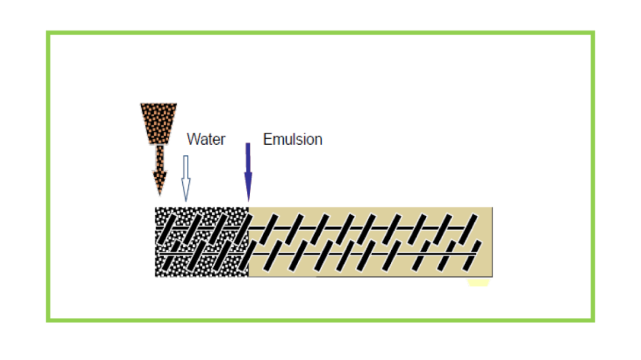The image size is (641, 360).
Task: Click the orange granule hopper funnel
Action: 158,123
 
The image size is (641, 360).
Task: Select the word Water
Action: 206,139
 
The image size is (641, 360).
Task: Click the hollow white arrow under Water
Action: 186,179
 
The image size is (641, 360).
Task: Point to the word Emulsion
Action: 293,139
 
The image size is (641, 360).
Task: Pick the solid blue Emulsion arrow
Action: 248,172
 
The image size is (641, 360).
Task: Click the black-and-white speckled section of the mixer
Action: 202,241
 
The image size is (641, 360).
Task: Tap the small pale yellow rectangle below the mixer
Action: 478,283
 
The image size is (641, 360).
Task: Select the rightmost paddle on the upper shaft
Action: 472,225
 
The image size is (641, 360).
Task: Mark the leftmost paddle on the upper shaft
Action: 169,228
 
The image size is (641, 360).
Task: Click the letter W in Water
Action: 193,139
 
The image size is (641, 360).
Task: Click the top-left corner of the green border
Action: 48,33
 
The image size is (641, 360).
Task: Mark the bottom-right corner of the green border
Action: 592,320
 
